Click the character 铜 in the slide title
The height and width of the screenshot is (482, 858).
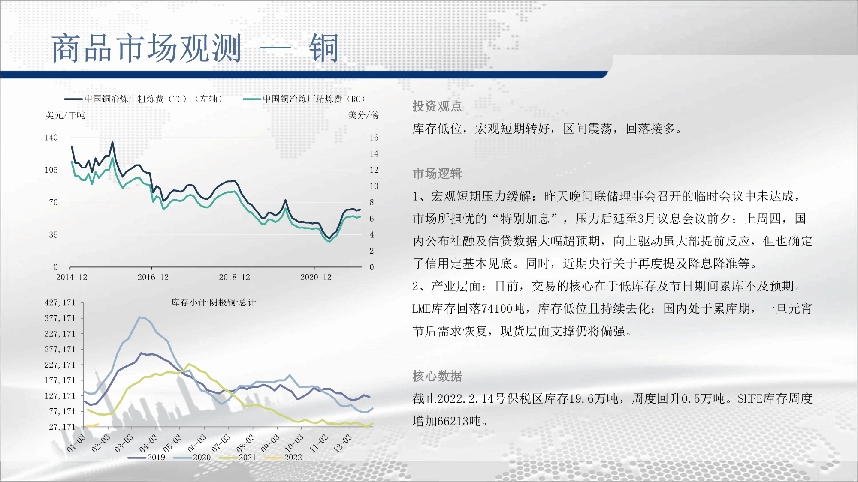[x=324, y=48]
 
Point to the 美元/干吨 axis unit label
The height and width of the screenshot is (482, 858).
[x=65, y=115]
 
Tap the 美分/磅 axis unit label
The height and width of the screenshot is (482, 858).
[x=363, y=115]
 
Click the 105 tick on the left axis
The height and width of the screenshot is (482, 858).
[x=51, y=170]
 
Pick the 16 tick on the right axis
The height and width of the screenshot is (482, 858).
[x=374, y=138]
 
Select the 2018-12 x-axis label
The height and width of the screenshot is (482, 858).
[x=234, y=277]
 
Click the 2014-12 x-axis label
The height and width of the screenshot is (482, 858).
[x=72, y=277]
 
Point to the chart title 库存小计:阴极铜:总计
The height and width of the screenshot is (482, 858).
[x=214, y=302]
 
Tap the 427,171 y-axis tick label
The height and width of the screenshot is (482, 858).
[x=60, y=303]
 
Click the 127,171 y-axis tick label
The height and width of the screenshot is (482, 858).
[x=60, y=396]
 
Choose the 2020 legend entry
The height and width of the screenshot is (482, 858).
[x=192, y=457]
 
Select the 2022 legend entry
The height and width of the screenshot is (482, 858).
[x=284, y=457]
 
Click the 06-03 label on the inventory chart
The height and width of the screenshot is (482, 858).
[x=197, y=443]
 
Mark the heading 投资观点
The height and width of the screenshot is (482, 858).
[x=437, y=106]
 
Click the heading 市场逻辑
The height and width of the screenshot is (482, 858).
[x=437, y=174]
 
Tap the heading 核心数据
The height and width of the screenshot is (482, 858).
[x=437, y=376]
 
